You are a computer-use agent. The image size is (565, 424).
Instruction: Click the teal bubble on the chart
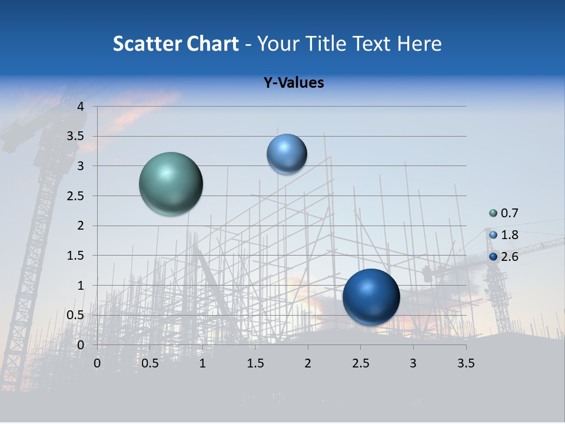(171, 184)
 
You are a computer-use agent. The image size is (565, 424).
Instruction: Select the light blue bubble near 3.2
(287, 154)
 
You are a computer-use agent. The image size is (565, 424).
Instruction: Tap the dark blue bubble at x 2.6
(371, 297)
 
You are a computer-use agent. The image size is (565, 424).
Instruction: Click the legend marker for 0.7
(493, 213)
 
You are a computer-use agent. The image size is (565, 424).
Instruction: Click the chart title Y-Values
(294, 83)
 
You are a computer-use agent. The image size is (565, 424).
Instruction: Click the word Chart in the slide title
(212, 44)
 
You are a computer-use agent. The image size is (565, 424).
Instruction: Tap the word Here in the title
(419, 44)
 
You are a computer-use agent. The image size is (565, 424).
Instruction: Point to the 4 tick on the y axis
(81, 107)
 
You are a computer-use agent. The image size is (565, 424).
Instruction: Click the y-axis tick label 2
(81, 226)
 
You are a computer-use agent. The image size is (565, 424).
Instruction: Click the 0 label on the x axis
(97, 363)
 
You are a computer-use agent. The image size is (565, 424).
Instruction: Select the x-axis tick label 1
(202, 363)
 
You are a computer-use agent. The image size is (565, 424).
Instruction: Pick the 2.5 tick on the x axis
(360, 363)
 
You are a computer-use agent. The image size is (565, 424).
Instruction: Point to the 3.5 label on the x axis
(466, 363)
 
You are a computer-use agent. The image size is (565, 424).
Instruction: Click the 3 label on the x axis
(413, 363)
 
